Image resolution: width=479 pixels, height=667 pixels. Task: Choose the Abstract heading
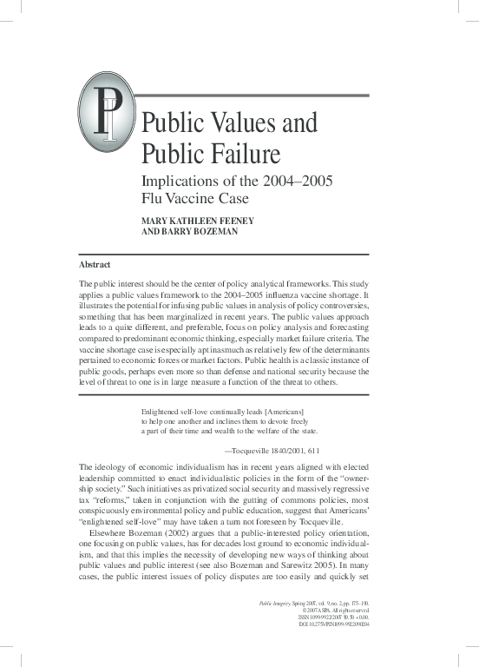coord(95,263)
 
